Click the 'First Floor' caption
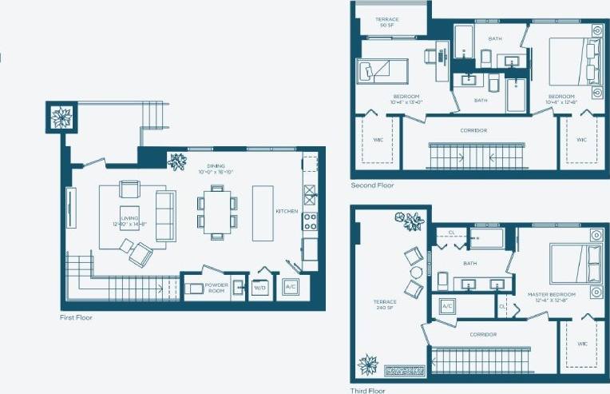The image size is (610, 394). [x=77, y=317]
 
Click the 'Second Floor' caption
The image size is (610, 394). [x=372, y=185]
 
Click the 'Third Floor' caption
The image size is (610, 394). [x=368, y=391]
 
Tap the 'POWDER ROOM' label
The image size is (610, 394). [x=216, y=288]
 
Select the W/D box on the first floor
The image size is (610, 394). [x=260, y=287]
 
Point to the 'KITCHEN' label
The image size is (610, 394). [x=287, y=212]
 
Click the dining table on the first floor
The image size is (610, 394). [x=216, y=211]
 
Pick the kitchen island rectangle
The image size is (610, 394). [x=263, y=213]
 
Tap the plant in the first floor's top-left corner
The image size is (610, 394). [x=61, y=117]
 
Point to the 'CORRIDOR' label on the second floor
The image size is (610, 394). [x=473, y=130]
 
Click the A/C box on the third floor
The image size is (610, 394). [x=447, y=305]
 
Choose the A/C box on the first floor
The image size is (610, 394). [x=290, y=287]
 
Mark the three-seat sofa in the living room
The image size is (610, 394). [x=165, y=216]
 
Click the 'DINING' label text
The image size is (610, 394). [x=211, y=166]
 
